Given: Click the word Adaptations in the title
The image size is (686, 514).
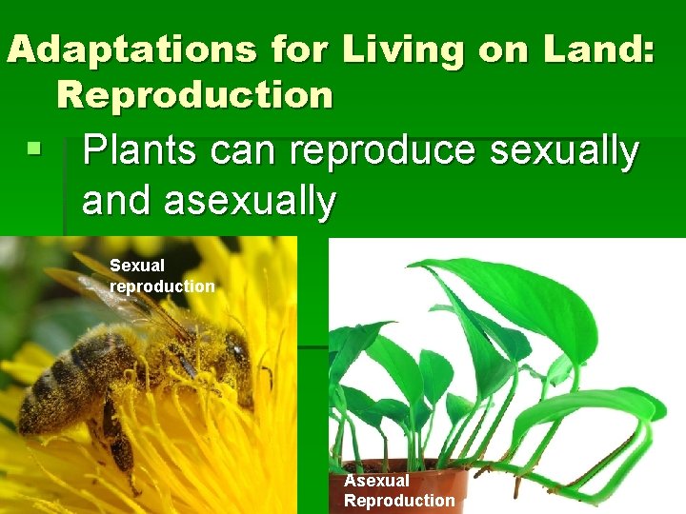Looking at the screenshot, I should [x=131, y=49].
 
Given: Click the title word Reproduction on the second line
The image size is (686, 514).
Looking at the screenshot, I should [x=194, y=94].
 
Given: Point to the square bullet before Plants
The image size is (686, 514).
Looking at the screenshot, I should [x=34, y=150].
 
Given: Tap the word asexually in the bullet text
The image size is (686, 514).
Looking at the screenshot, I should [x=250, y=201].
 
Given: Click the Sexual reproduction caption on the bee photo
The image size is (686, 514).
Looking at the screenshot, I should [x=162, y=276].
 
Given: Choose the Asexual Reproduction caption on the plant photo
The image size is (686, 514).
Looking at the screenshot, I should [x=399, y=491].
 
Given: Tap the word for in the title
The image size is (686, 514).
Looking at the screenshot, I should [x=292, y=49].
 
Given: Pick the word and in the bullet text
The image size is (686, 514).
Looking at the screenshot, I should [x=117, y=201].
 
